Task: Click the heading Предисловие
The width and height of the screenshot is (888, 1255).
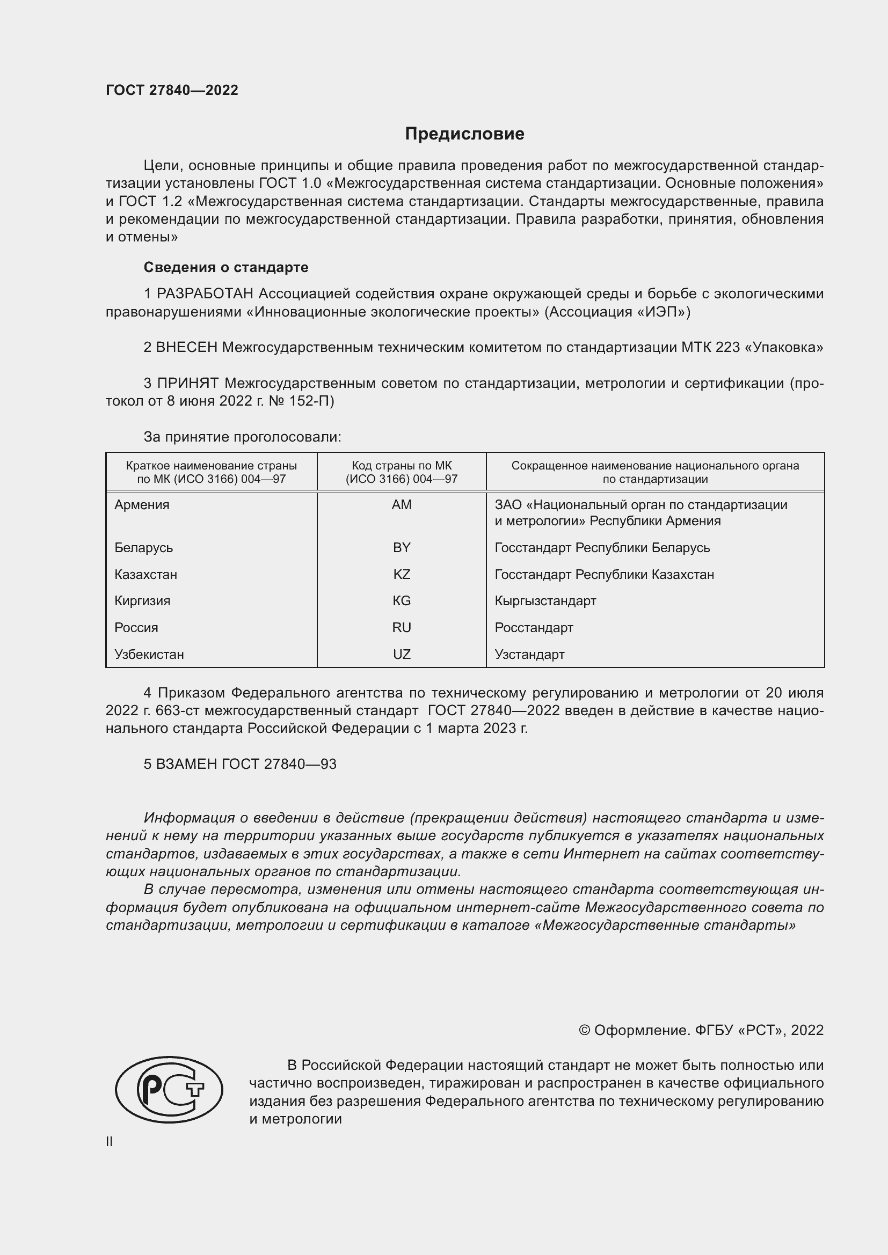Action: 464,134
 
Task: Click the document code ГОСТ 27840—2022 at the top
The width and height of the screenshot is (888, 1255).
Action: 172,90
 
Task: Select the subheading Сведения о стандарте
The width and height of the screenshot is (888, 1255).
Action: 226,267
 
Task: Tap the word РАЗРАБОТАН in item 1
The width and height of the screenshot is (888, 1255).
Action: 205,294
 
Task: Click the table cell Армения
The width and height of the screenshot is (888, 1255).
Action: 142,504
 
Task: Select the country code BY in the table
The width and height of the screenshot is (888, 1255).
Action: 402,547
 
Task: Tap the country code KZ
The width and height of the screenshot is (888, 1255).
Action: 402,574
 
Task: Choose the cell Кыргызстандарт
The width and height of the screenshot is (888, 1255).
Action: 545,601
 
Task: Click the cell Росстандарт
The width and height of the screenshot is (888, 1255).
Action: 534,628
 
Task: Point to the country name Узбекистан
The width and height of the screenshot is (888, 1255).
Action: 149,654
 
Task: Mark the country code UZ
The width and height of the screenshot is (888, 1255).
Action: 402,654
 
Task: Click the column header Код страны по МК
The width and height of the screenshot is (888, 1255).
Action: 402,466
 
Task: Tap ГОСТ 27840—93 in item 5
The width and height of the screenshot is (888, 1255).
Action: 279,764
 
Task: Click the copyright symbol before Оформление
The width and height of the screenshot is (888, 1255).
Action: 584,1030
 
